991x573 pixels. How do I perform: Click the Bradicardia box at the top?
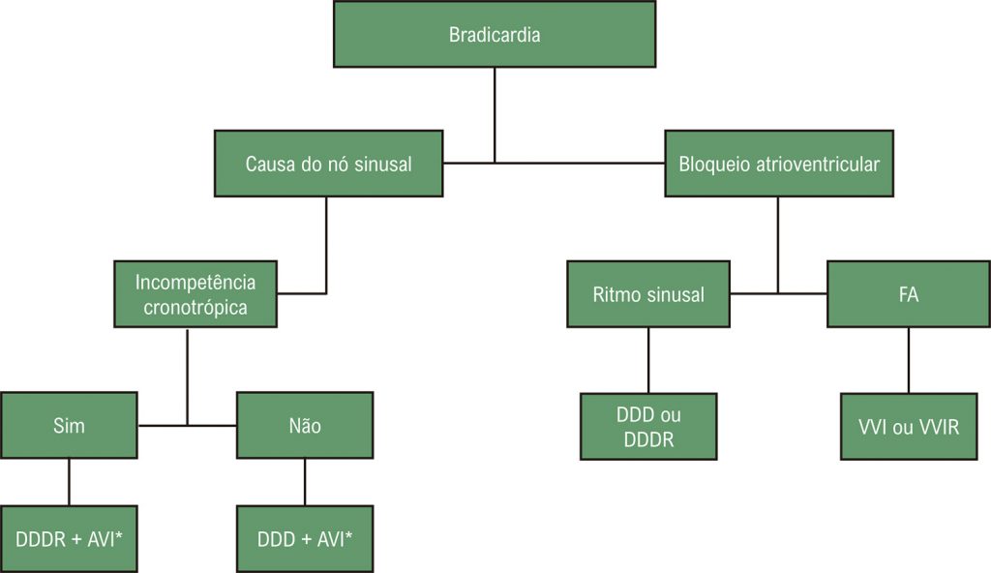coord(495,35)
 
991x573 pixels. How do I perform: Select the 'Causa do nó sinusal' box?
coord(328,164)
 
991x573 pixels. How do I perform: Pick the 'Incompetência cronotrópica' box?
coord(195,294)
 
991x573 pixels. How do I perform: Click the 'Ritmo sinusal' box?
coord(648,294)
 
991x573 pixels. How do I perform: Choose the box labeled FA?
coord(908,294)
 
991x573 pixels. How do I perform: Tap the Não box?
coord(305,425)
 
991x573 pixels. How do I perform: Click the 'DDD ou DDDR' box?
coord(648,426)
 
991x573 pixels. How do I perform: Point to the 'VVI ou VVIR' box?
coord(908,426)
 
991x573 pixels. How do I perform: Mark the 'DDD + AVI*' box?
coord(305,538)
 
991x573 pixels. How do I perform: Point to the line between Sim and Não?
coord(187,425)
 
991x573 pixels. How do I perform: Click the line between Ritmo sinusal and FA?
coord(779,292)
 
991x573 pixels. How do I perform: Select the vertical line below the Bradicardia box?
coord(495,114)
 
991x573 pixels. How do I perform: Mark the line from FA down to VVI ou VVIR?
coord(908,360)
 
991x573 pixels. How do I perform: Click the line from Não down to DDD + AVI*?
coord(305,482)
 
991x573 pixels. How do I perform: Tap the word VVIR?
coord(937,426)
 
